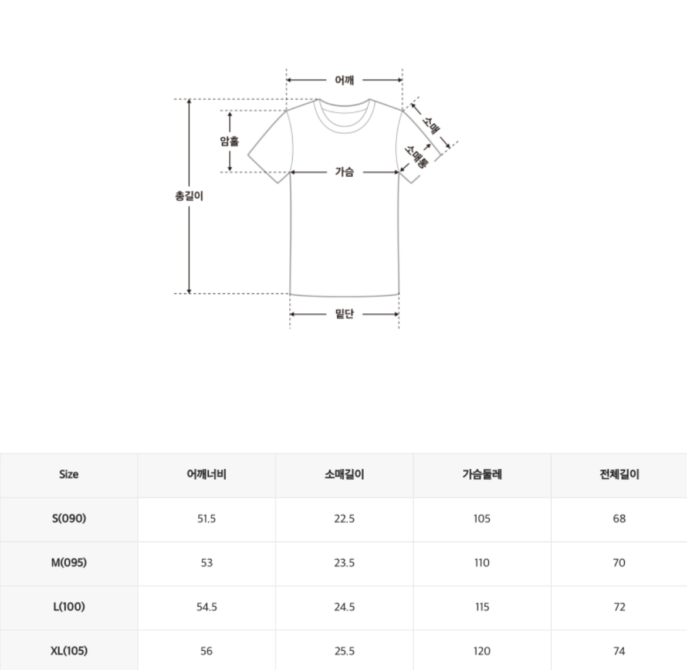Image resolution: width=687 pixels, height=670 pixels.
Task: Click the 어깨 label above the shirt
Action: pos(344,80)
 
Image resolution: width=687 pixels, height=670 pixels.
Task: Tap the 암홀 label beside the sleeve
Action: pos(229,141)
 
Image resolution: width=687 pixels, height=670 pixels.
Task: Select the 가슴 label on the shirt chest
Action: pos(344,172)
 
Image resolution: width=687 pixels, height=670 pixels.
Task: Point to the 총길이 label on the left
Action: pos(189,196)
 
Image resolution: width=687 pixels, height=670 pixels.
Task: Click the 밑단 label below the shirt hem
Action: pos(344,314)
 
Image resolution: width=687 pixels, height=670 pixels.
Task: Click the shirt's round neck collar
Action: pos(344,115)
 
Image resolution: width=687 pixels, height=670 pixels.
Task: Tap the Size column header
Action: pos(69,475)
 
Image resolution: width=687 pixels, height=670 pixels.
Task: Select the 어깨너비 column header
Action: pos(207,475)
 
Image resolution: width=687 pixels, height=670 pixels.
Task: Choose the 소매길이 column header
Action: pos(344,475)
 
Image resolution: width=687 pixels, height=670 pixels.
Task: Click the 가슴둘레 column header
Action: pos(482,475)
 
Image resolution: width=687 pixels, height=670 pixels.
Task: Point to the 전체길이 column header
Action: pos(619,475)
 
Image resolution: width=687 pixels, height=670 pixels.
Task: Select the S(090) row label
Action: pos(69,519)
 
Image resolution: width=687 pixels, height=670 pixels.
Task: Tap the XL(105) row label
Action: pos(69,651)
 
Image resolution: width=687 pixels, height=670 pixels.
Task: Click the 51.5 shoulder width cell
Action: pos(207,519)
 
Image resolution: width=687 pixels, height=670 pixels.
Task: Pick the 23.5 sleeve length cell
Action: pos(344,563)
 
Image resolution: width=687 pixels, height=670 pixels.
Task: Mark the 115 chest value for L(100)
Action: pos(482,607)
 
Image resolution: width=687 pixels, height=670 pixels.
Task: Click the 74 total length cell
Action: pos(619,651)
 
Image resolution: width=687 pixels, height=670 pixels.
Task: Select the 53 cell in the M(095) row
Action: pos(207,563)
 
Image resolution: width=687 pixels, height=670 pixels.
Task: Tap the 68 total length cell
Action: pos(619,519)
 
